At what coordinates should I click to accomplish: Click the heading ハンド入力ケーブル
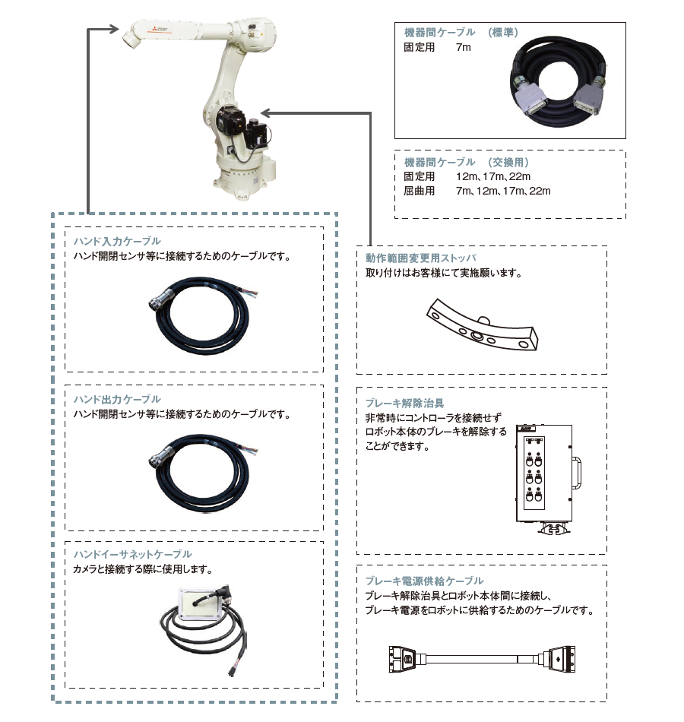tap(117, 242)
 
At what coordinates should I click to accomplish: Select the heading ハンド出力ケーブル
tap(117, 399)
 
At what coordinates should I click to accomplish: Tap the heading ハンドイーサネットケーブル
tap(132, 554)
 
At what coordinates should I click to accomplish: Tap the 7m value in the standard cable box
tap(464, 47)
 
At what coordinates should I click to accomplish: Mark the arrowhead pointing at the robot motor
tap(265, 112)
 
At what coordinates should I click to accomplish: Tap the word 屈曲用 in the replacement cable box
tap(420, 191)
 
